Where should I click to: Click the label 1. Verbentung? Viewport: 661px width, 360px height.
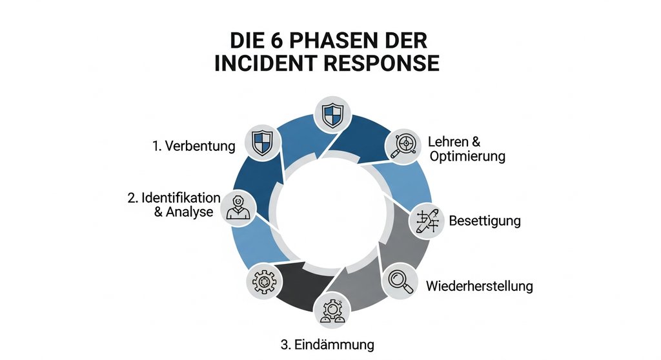[x=194, y=146]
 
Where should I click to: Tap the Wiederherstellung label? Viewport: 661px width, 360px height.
[x=479, y=285]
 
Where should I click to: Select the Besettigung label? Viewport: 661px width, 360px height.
[x=484, y=221]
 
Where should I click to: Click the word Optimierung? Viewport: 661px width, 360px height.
[x=466, y=157]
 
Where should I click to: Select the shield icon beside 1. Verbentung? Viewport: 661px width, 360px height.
[x=262, y=142]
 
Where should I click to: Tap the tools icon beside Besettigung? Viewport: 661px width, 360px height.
[x=427, y=219]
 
